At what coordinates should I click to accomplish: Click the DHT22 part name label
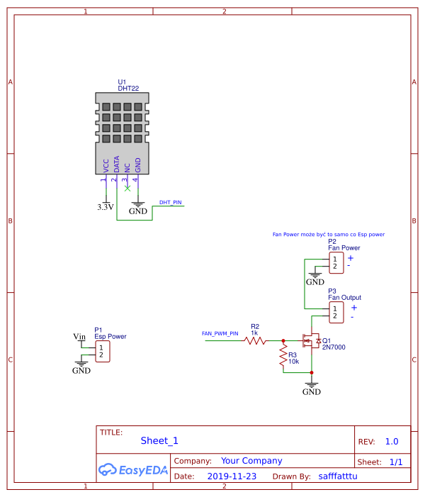128,89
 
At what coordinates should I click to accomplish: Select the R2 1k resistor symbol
255,340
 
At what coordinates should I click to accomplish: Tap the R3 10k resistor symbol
283,354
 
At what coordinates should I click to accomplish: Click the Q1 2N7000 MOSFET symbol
310,341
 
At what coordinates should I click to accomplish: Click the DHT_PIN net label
170,202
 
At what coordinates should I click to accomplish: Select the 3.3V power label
105,208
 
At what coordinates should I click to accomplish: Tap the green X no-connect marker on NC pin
127,187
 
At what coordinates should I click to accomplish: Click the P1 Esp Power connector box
103,351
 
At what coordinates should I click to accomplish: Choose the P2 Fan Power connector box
335,262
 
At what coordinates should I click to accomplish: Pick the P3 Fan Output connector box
335,311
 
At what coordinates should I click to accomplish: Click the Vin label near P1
79,336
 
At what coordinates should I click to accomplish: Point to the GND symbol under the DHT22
138,208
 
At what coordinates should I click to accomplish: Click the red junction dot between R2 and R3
283,340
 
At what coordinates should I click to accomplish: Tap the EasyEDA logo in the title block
132,469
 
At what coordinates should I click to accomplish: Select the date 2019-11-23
232,476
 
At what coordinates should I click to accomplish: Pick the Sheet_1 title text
159,440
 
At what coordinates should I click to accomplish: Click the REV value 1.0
392,441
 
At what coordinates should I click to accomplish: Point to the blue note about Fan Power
328,233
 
